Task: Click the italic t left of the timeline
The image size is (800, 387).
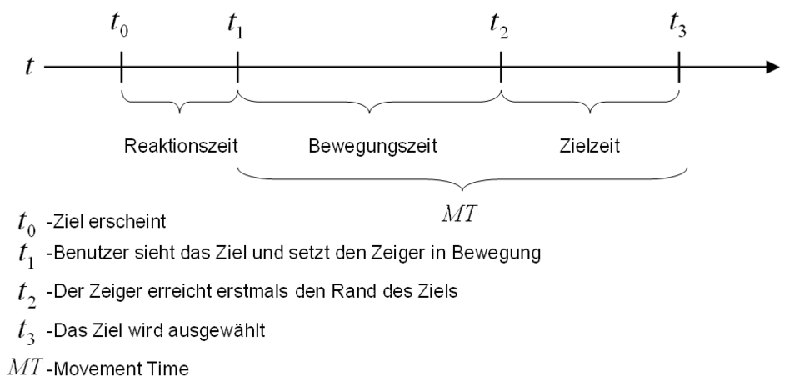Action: pyautogui.click(x=29, y=65)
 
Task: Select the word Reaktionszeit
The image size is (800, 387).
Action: pyautogui.click(x=181, y=146)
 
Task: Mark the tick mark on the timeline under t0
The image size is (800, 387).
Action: pyautogui.click(x=122, y=66)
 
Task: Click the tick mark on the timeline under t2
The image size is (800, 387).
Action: pyautogui.click(x=501, y=66)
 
